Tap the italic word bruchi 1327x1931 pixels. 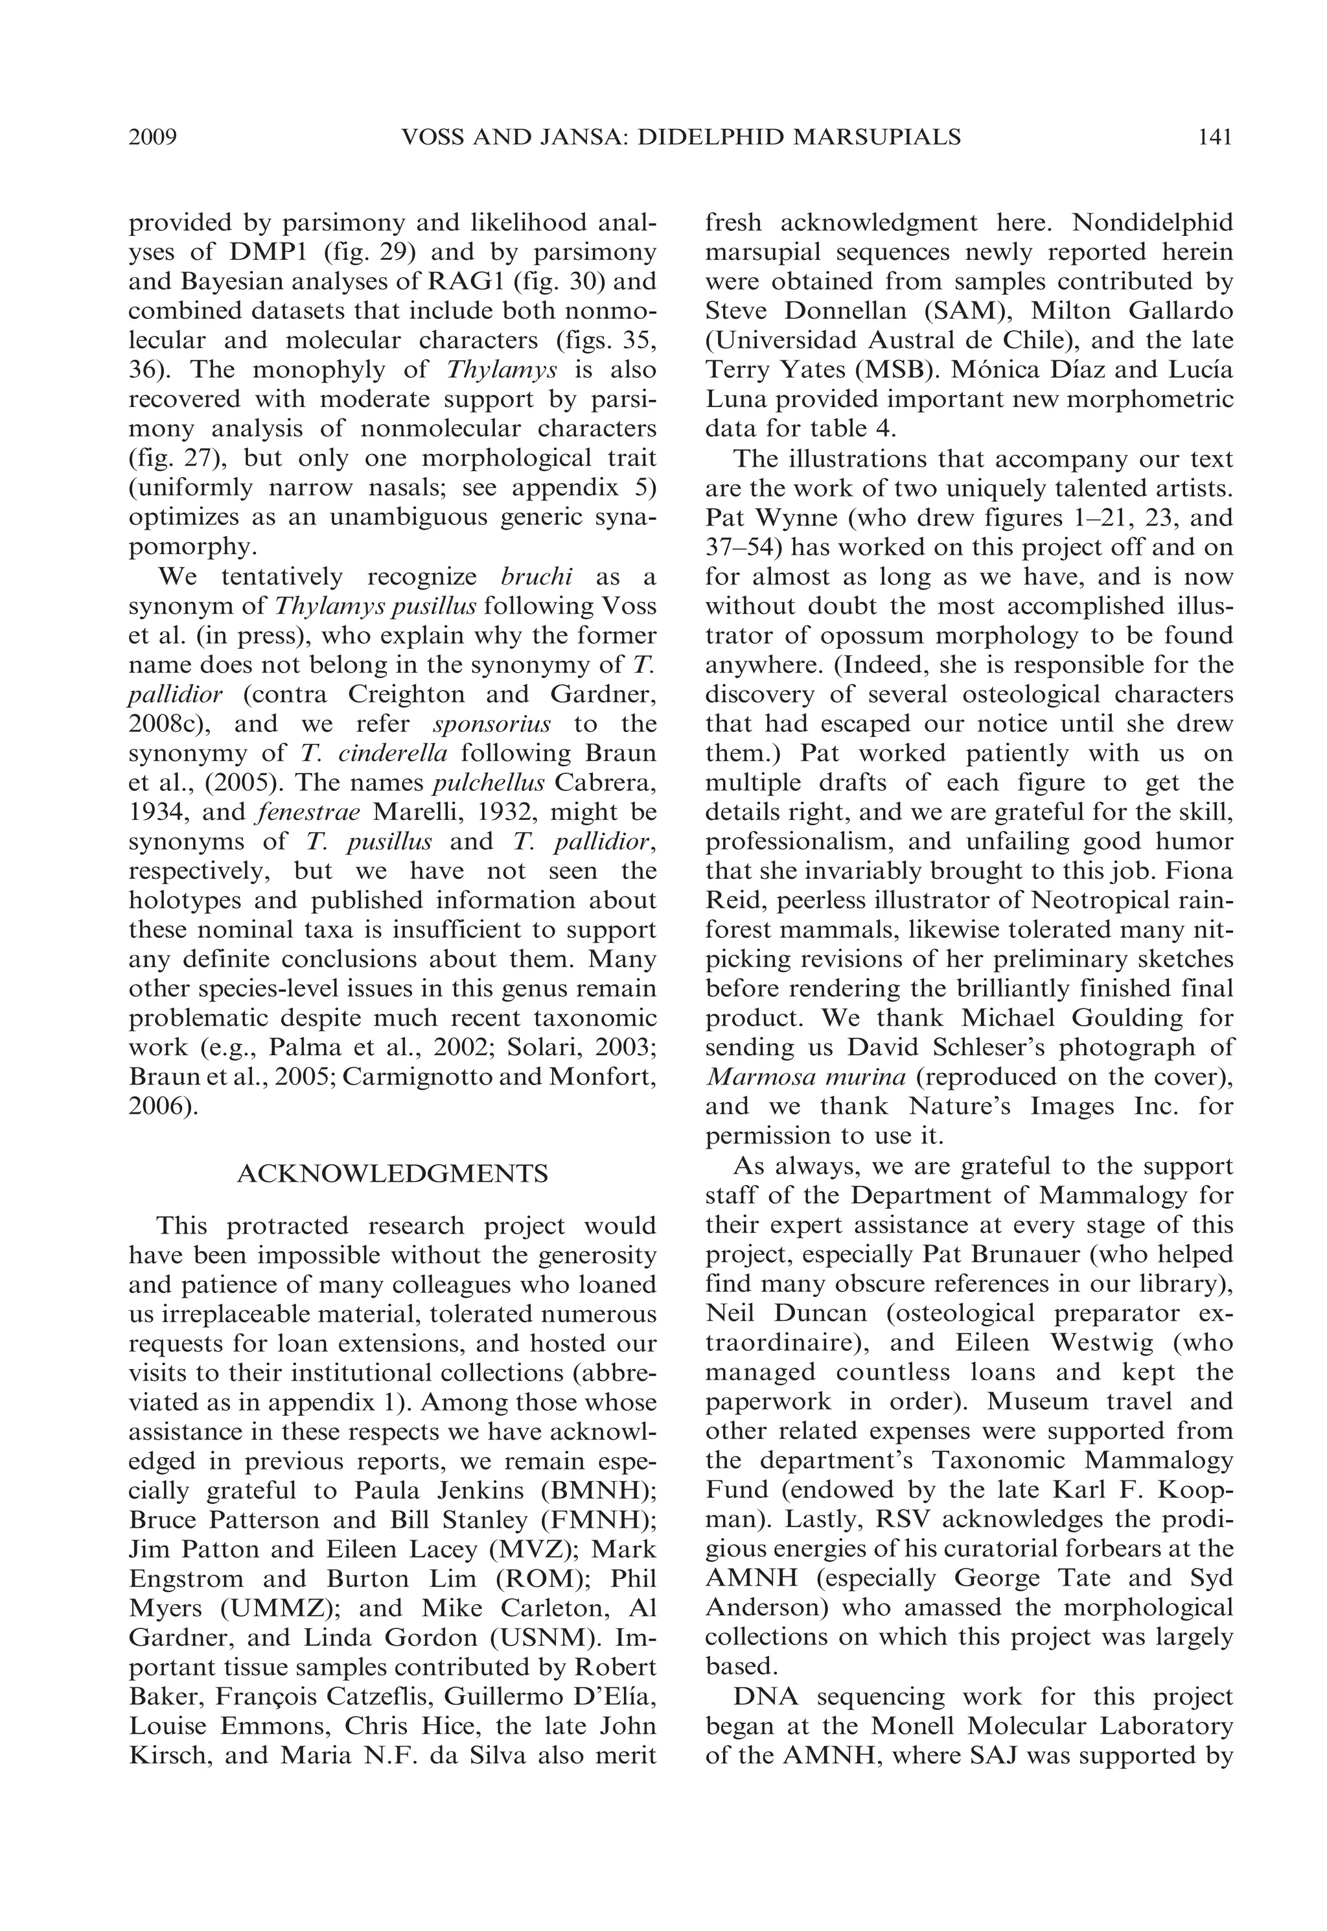[x=537, y=576]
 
